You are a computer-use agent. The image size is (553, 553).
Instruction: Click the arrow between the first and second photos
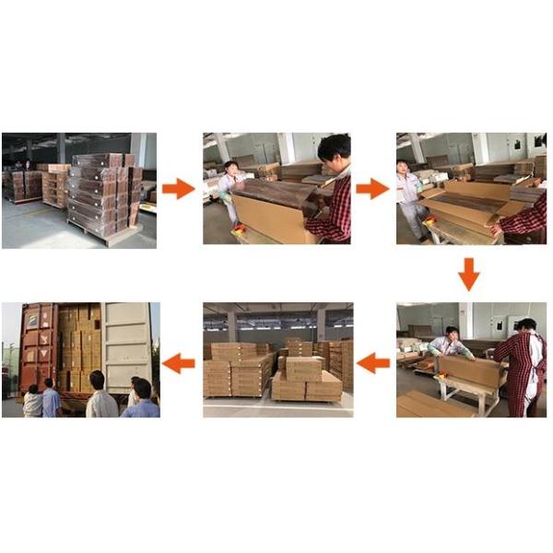[178, 189]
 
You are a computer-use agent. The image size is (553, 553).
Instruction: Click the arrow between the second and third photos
[372, 189]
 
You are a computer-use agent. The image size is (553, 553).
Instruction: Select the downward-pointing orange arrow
[469, 274]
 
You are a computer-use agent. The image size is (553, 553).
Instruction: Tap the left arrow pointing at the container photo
[179, 363]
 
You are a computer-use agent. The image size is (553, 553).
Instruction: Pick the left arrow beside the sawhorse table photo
[372, 363]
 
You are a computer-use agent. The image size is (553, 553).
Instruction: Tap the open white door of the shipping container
[126, 346]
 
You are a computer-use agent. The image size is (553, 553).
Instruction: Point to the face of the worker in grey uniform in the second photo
[230, 170]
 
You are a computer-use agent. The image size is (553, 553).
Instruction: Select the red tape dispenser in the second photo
[241, 228]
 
